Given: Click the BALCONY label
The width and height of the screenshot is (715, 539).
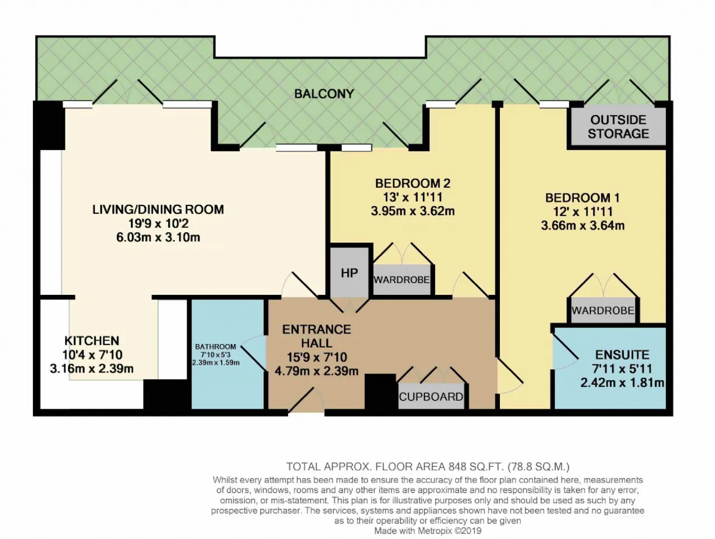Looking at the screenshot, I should coord(324,94).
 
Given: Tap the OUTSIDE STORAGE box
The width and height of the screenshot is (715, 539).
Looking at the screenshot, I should coord(618,127).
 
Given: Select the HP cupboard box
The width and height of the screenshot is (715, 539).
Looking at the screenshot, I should coord(349,273).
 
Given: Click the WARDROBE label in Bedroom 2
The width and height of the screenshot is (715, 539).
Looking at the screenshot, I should coord(401,279).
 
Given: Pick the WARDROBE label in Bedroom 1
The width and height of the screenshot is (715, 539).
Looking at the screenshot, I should coord(603,311).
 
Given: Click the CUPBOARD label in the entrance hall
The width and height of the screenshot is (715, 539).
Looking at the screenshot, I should coord(431,397).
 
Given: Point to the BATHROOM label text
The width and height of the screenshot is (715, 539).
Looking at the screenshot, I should coord(215,347).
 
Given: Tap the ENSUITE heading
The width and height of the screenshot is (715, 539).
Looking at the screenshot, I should coord(622,355).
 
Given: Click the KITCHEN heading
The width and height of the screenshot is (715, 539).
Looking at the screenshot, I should coord(92,341).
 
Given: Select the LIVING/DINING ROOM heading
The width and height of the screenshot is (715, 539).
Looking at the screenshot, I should coord(158,209).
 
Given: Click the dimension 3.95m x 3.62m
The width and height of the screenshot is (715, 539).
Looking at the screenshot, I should coord(412,211).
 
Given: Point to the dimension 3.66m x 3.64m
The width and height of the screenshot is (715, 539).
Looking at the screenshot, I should coord(583,226).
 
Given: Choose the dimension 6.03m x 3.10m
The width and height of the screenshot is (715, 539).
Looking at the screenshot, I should coord(158,237).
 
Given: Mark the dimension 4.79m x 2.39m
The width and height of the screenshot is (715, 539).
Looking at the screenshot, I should coord(316,371).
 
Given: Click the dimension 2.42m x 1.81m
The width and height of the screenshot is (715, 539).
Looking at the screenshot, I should coord(622,383).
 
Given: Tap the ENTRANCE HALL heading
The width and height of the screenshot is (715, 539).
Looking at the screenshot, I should coord(316,336).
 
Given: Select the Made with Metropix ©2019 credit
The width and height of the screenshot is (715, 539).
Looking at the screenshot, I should coord(427,531).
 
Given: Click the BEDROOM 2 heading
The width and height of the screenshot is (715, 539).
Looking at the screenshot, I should coord(412,183).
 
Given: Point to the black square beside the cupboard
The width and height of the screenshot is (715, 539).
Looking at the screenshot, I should coord(380,392).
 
